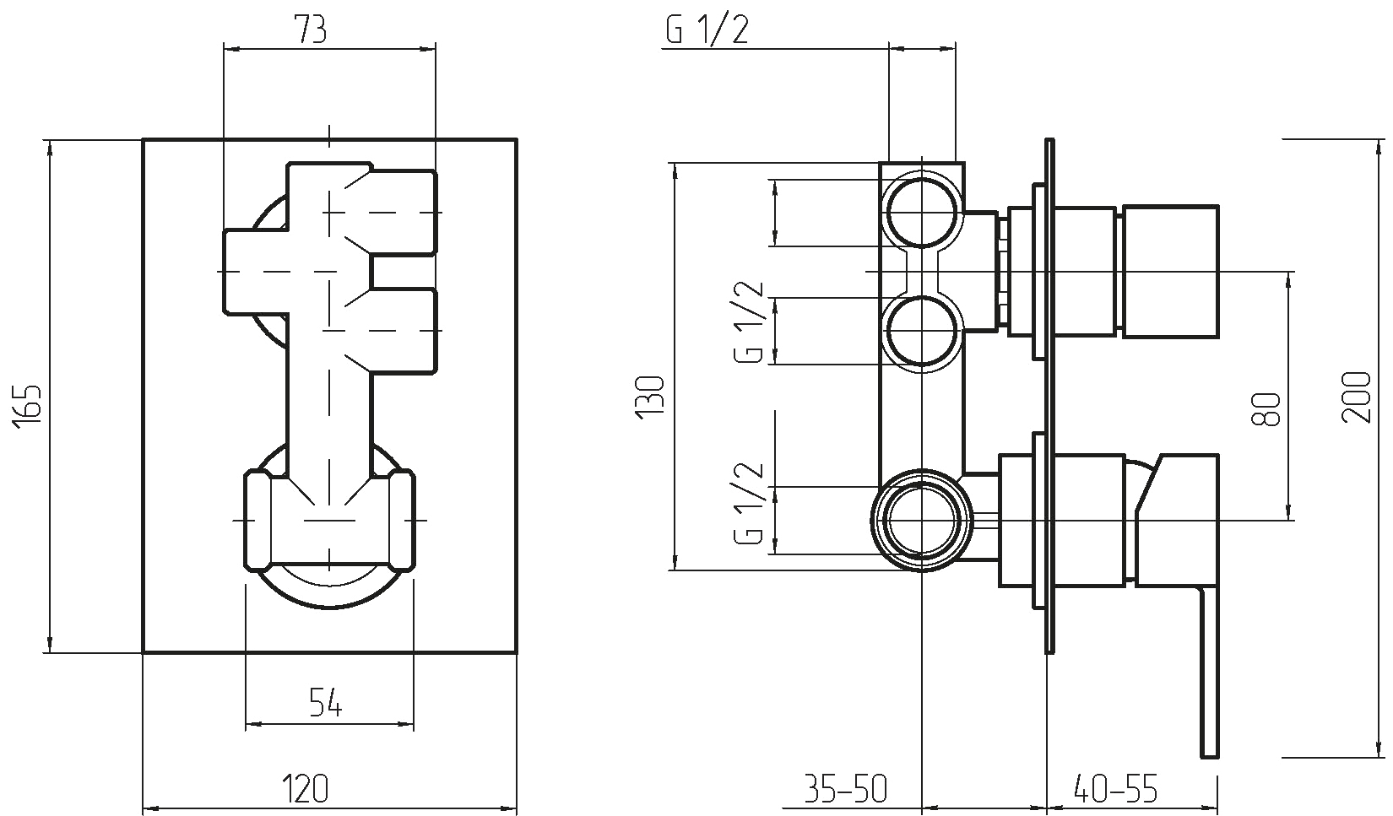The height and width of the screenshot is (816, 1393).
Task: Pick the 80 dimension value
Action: [x=1266, y=409]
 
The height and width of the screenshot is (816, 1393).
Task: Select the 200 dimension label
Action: [x=1357, y=397]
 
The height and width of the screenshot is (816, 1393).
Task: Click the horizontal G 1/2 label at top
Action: [x=707, y=30]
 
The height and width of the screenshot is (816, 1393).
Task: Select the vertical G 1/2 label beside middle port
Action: [x=748, y=322]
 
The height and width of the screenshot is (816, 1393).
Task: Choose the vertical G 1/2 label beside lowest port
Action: [x=748, y=503]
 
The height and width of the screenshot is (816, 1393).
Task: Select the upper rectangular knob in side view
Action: [x=1169, y=272]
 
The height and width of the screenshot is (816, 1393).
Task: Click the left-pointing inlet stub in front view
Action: [x=256, y=272]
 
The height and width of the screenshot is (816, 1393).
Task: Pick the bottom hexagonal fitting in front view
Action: [x=329, y=520]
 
